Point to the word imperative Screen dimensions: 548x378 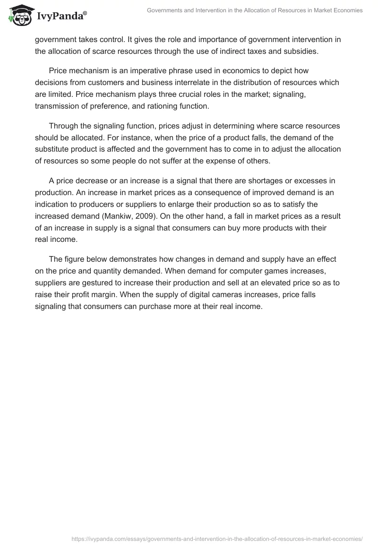[x=138, y=71]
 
